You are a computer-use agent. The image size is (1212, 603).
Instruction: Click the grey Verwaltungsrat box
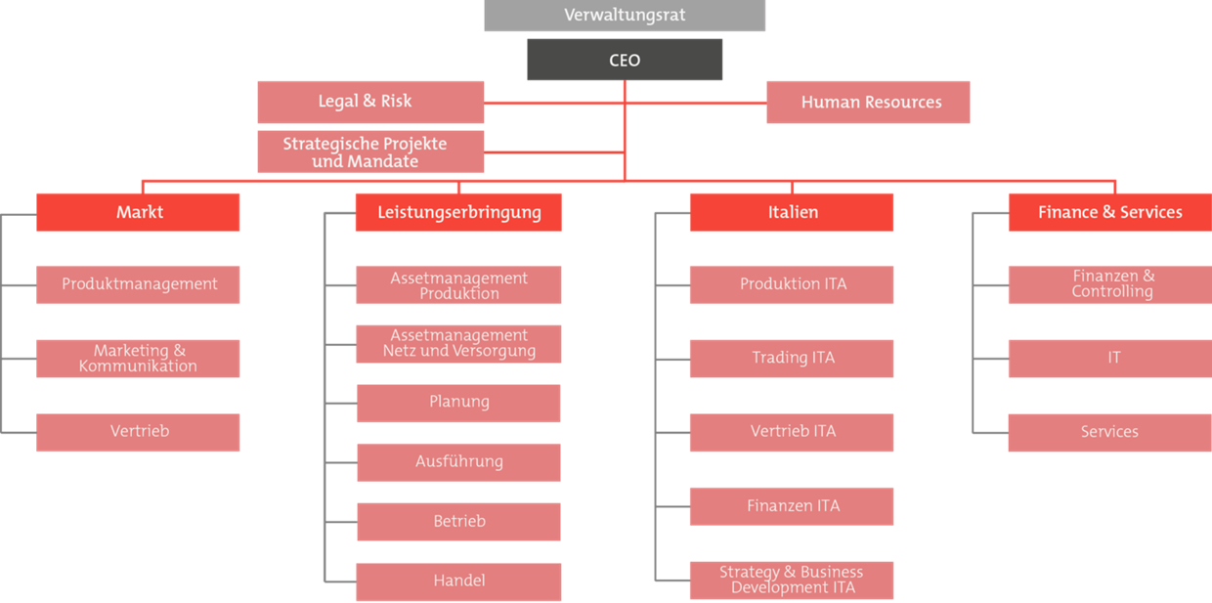(x=625, y=15)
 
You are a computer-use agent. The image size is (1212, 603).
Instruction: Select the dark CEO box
(x=625, y=60)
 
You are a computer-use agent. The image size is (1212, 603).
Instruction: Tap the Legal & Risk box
(x=370, y=103)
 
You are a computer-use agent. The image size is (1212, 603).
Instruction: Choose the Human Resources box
(x=868, y=103)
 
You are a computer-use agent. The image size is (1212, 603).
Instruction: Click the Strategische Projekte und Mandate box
(x=370, y=151)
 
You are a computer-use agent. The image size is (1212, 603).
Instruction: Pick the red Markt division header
(x=138, y=212)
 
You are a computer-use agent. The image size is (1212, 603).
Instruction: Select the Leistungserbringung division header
(x=458, y=212)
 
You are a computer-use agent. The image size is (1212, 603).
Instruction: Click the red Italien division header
(x=792, y=212)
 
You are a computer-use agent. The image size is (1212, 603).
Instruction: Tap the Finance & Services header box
(x=1110, y=212)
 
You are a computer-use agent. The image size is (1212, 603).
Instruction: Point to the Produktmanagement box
(x=138, y=284)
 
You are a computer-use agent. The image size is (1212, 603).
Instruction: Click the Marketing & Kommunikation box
(x=138, y=359)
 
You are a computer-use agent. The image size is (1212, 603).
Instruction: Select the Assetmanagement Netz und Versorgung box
(x=458, y=344)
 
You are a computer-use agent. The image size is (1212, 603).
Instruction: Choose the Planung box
(x=458, y=404)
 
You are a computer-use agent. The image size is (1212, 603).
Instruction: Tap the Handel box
(x=458, y=581)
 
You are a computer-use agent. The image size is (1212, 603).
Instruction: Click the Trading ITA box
(x=792, y=359)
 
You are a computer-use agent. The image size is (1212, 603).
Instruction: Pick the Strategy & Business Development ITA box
(x=792, y=581)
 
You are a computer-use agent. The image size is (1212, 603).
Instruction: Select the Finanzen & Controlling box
(x=1110, y=284)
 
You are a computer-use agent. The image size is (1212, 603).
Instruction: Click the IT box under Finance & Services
(x=1110, y=359)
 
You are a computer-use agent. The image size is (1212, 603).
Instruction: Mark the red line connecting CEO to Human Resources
(x=696, y=103)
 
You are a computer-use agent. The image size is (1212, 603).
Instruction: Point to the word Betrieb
(x=459, y=521)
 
